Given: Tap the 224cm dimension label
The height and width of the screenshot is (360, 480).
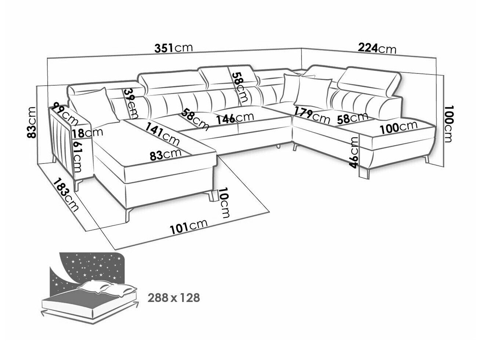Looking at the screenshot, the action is click(x=377, y=48).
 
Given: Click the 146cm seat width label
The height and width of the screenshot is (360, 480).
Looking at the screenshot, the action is click(x=235, y=118).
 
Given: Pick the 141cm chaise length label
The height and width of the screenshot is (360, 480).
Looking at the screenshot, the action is click(x=163, y=134).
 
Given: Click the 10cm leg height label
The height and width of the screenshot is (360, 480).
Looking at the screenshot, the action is click(x=224, y=202).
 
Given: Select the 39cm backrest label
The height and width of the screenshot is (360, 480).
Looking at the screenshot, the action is click(x=130, y=103).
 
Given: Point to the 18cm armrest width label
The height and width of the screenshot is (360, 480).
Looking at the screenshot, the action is click(x=87, y=133).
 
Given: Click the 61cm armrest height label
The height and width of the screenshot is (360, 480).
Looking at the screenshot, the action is click(x=77, y=156).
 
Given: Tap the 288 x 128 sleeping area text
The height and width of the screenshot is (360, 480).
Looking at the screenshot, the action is click(x=174, y=298).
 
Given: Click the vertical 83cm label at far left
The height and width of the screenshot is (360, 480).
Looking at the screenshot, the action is click(x=31, y=122).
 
